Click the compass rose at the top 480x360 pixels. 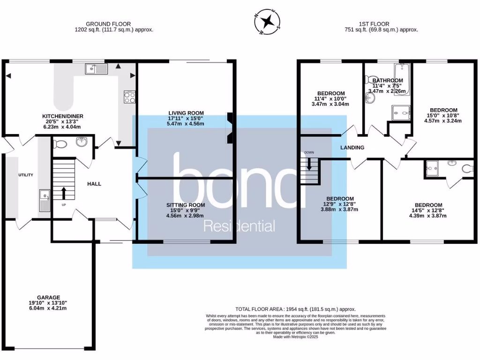click(268, 22)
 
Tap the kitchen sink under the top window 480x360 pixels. click(97, 69)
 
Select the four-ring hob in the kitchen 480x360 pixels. click(129, 97)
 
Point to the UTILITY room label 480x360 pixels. click(26, 175)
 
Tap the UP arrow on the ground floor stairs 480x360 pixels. click(64, 192)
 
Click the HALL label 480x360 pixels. click(94, 184)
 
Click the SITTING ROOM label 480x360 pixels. click(186, 205)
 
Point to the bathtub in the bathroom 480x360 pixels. click(402, 79)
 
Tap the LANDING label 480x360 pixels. click(352, 148)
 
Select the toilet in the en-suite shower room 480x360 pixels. click(467, 168)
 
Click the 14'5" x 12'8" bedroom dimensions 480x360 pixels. click(428, 210)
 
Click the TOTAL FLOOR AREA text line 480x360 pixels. click(295, 309)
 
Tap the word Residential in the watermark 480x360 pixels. click(239, 227)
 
